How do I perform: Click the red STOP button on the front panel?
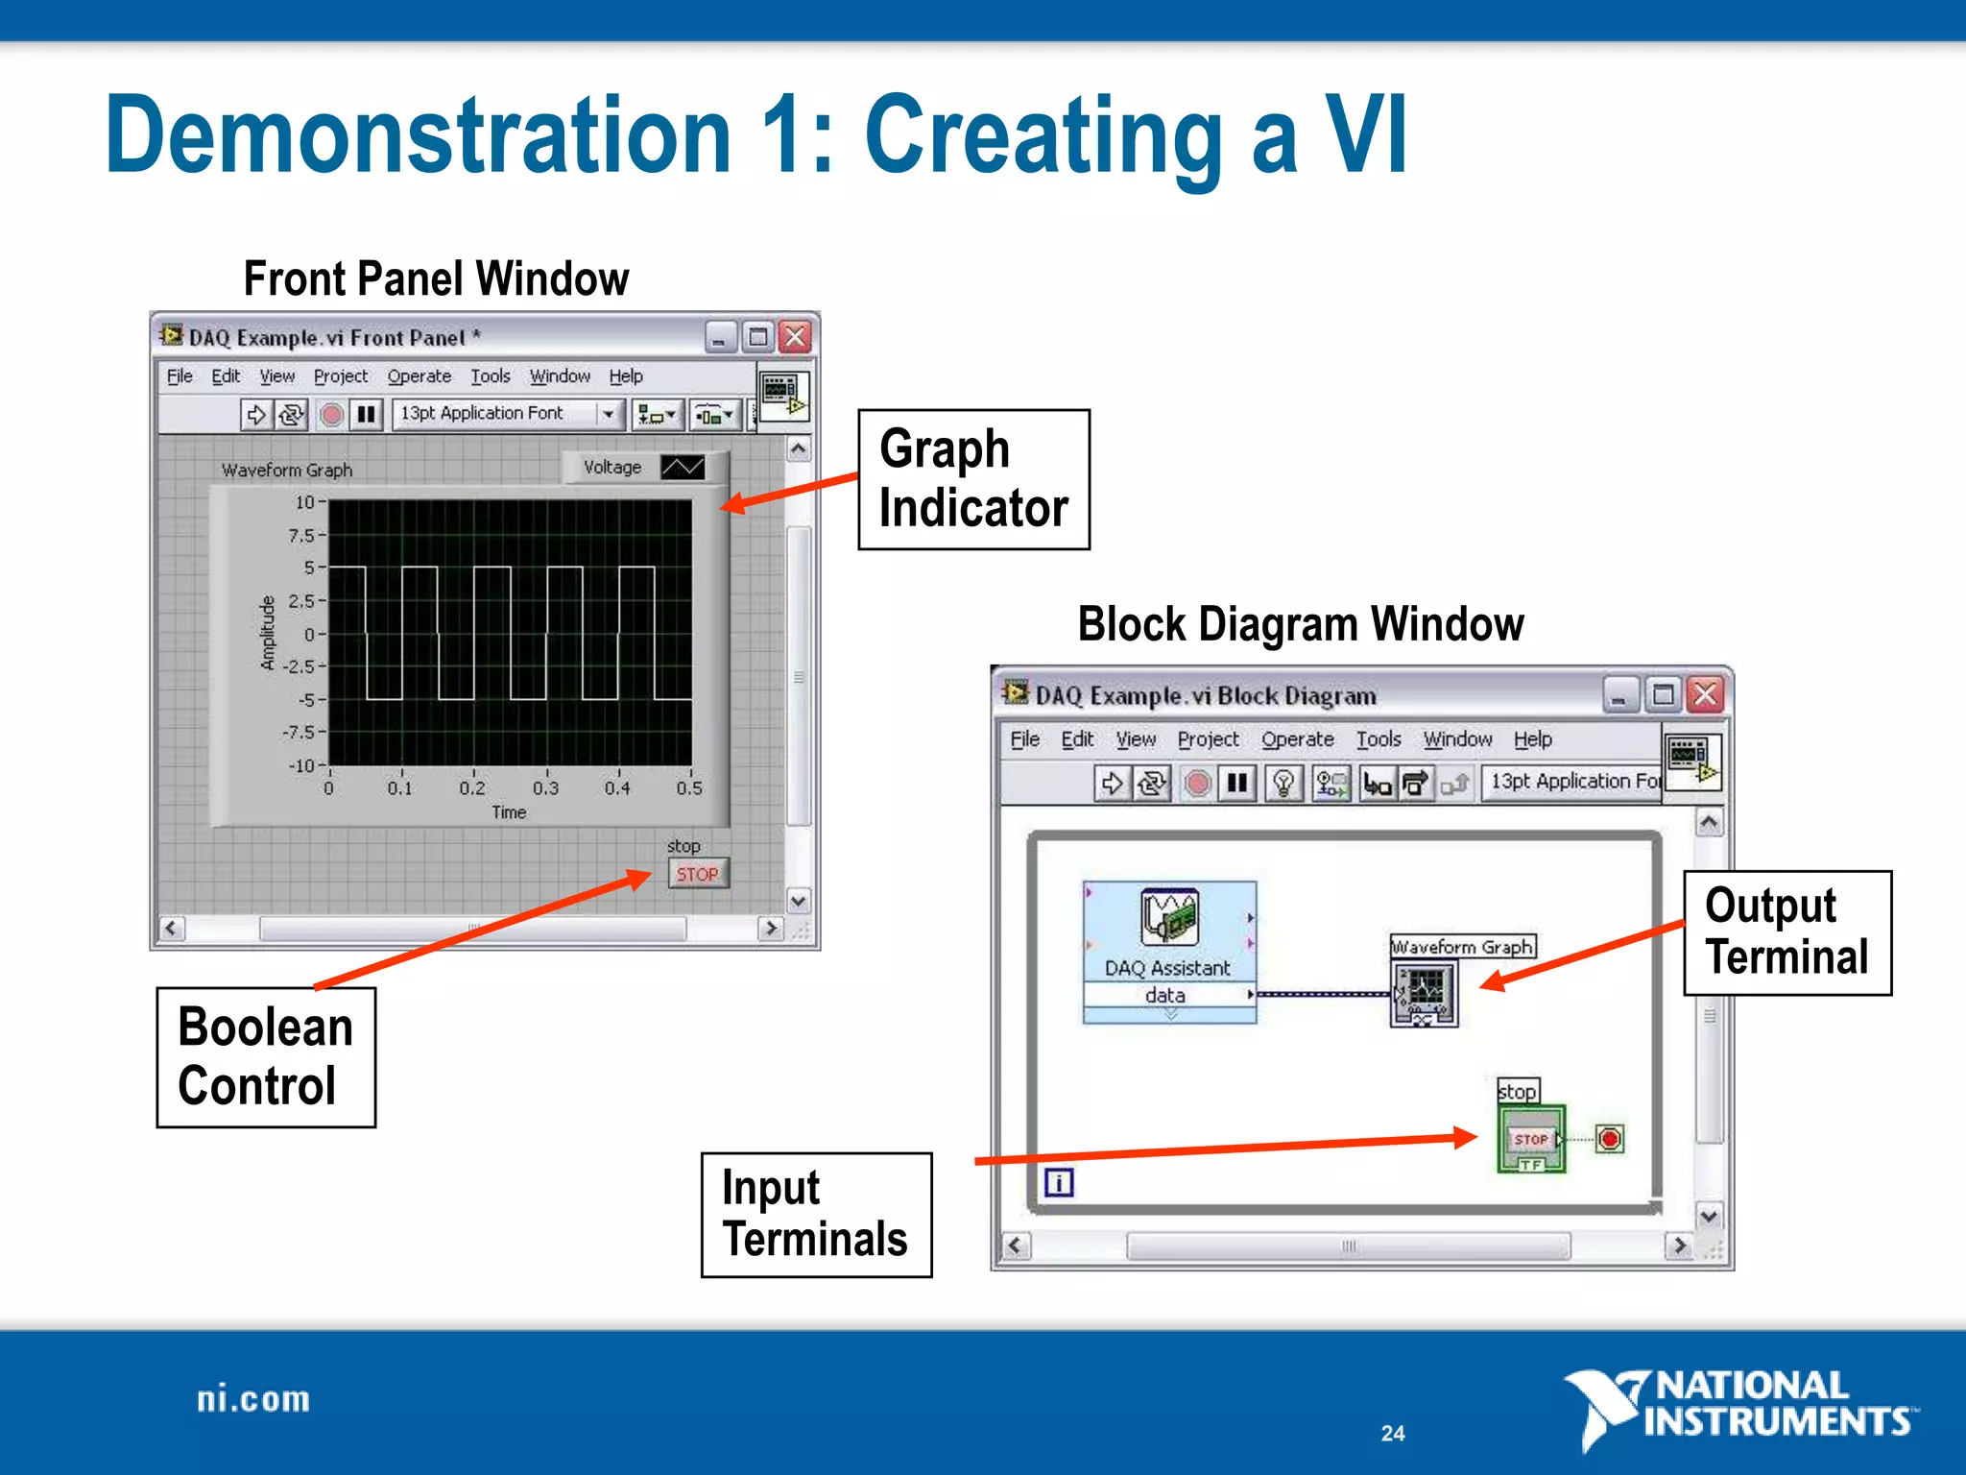(698, 874)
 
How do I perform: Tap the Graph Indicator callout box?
(973, 479)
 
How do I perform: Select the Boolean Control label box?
(266, 1056)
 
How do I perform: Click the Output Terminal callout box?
(1786, 932)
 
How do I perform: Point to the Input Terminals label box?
(816, 1215)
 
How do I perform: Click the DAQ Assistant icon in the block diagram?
(1168, 917)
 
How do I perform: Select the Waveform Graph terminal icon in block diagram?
(1425, 993)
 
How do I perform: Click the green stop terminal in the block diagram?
(1531, 1139)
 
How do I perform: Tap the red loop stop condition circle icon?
(1610, 1139)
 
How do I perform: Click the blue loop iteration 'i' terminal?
(1059, 1182)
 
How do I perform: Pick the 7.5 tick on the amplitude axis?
(301, 535)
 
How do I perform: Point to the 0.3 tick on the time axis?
(545, 787)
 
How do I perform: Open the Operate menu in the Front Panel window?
(419, 376)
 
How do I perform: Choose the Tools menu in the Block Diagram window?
(1378, 739)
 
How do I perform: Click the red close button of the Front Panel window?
(795, 337)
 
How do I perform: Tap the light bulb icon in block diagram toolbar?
(1283, 784)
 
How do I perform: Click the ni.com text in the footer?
(253, 1399)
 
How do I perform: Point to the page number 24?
(1393, 1433)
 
